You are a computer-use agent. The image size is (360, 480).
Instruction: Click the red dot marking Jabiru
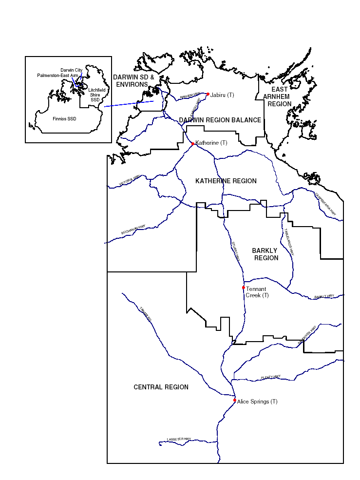pos(208,94)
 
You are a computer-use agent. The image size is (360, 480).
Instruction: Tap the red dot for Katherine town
pos(193,144)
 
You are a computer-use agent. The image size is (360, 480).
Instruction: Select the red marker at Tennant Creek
pos(244,288)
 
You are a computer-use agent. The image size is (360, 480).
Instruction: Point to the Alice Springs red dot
pos(235,400)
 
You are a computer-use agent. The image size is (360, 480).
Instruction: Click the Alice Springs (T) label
pos(257,402)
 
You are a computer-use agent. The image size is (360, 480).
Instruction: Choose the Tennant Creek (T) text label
pos(257,292)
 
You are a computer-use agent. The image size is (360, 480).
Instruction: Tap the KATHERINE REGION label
pos(226,181)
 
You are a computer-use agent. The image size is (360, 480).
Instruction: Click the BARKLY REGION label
pos(265,254)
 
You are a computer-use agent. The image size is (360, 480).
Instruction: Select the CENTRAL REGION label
pos(161,387)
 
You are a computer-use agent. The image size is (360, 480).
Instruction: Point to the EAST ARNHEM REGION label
pos(280,96)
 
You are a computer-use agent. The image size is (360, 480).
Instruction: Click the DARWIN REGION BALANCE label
pos(220,120)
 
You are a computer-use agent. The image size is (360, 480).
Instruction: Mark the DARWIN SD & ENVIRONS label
pos(133,81)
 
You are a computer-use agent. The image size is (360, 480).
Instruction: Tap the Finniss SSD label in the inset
pos(64,118)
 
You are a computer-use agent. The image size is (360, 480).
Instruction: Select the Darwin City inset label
pos(72,70)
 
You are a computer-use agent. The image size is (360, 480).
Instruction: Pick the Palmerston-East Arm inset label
pos(57,76)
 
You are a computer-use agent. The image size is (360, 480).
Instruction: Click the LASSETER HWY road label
pos(179,439)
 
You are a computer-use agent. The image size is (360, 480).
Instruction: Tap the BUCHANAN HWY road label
pos(133,230)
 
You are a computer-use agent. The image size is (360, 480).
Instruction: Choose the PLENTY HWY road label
pos(270,377)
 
